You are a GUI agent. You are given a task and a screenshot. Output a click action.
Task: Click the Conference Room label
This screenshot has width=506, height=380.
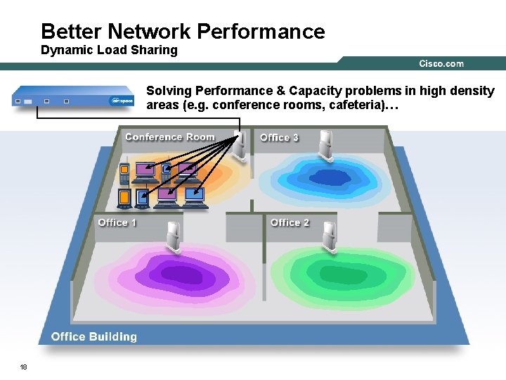point(170,137)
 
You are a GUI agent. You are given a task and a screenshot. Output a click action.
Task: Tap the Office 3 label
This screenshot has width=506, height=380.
point(279,138)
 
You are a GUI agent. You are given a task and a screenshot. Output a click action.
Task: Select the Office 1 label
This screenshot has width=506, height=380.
point(117,222)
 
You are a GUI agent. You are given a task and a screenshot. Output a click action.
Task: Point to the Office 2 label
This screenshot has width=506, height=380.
point(290,222)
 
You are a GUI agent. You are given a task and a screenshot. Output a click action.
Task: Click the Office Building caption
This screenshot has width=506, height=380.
point(94,336)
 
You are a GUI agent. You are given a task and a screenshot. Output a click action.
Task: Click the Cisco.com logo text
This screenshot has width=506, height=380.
point(441,64)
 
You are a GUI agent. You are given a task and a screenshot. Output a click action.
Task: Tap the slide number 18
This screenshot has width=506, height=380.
point(24,367)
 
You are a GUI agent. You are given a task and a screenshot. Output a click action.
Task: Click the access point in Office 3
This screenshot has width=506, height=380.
point(325,145)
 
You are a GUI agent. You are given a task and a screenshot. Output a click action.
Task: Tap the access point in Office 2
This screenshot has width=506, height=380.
point(327,234)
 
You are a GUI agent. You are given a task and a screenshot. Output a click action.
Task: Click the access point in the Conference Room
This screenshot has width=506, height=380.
point(239,144)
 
